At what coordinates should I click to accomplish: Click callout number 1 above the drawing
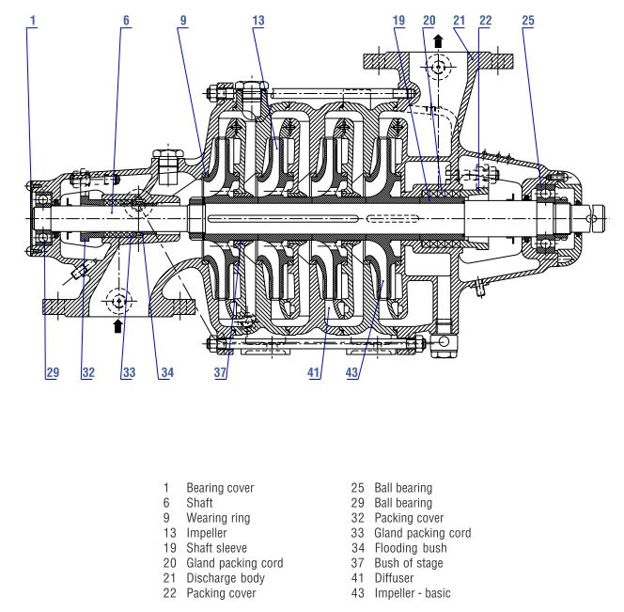pos(33,18)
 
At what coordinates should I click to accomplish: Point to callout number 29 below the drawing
pos(52,373)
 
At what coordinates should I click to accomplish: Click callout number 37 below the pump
pos(220,373)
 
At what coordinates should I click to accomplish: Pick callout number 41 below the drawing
pos(315,373)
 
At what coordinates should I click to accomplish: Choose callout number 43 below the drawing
pos(354,373)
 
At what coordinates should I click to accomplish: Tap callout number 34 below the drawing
pos(165,373)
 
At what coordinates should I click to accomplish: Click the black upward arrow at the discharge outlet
pos(438,42)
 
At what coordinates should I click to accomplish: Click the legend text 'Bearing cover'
pos(220,489)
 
